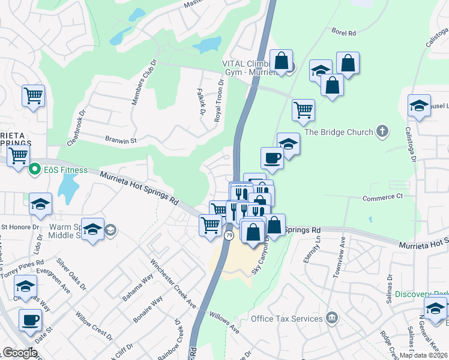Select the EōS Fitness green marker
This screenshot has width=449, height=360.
pyautogui.click(x=35, y=170)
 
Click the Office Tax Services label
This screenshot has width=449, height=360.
pyautogui.click(x=287, y=319)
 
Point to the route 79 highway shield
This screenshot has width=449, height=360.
pyautogui.click(x=229, y=236)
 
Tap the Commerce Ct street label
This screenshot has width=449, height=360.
pyautogui.click(x=382, y=197)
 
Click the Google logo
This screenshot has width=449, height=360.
pyautogui.click(x=20, y=353)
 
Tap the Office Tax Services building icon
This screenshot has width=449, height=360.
pyautogui.click(x=331, y=317)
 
